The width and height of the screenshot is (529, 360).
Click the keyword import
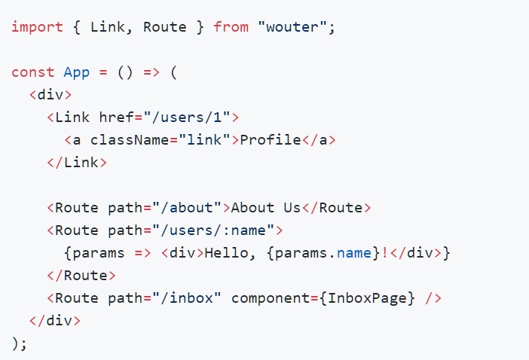(x=38, y=27)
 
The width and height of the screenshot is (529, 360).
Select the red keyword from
(x=231, y=27)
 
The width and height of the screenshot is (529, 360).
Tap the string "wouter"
(x=292, y=27)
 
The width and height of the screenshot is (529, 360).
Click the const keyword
(x=32, y=72)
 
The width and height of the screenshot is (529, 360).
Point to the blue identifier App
(x=77, y=73)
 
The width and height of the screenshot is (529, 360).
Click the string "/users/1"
(x=187, y=117)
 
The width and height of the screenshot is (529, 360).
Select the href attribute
(x=116, y=117)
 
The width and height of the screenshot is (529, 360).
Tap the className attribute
(x=130, y=140)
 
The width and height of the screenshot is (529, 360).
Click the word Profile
(x=271, y=140)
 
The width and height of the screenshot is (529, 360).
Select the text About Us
(x=266, y=208)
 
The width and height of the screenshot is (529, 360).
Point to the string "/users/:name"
(x=213, y=230)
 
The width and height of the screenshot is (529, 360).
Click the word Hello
(x=226, y=253)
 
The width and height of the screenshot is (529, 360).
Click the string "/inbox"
(x=187, y=298)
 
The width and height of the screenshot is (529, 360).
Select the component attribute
(x=271, y=299)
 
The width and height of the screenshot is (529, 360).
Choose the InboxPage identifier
(x=367, y=299)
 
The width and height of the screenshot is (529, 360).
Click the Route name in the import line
(x=164, y=27)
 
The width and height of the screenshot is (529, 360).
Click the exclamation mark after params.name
(x=384, y=253)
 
